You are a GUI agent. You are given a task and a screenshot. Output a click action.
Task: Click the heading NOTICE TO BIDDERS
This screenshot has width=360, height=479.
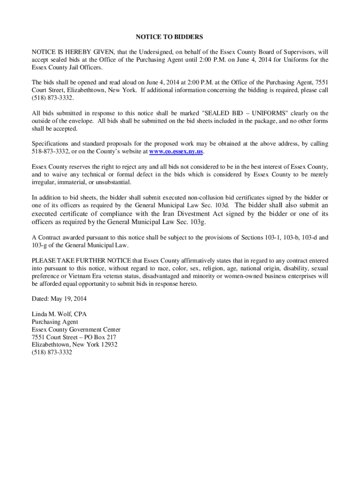[x=169, y=36]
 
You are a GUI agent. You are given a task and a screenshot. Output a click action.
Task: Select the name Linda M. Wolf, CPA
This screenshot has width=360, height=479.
[x=59, y=314]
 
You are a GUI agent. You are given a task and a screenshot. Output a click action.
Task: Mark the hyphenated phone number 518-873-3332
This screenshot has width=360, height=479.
[x=50, y=152]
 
